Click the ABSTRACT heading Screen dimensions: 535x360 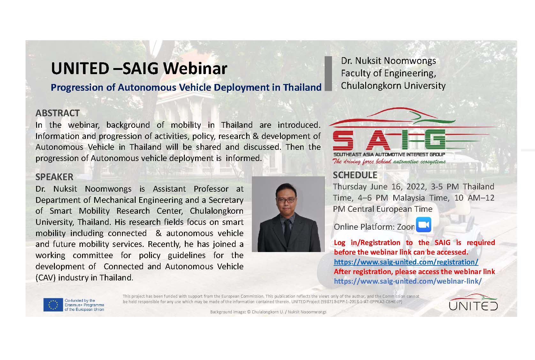point(57,113)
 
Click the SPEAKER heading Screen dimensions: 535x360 point(55,177)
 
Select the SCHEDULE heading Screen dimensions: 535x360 point(355,175)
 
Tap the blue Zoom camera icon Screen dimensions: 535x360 point(424,225)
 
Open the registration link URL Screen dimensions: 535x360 point(406,262)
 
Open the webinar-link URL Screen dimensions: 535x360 point(408,281)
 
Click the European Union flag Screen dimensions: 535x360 point(53,305)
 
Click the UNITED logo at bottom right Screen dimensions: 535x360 point(473,303)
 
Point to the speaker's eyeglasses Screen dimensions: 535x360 point(286,200)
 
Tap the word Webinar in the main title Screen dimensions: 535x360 point(195,68)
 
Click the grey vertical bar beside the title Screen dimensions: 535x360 point(328,73)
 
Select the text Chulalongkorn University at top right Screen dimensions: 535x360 point(393,86)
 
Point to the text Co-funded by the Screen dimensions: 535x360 point(80,301)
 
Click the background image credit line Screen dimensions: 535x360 point(268,312)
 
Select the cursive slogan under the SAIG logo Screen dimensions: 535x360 point(389,162)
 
